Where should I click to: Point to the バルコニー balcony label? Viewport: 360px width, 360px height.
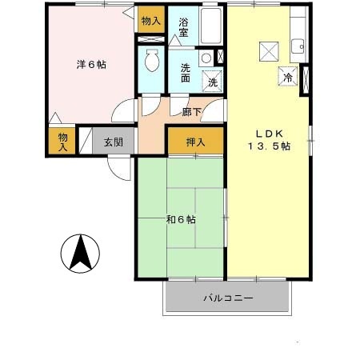click(x=227, y=298)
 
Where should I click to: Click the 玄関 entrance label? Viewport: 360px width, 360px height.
click(x=113, y=142)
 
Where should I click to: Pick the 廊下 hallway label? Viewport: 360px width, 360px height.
click(x=191, y=112)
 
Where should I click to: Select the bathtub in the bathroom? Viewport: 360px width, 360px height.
click(x=212, y=27)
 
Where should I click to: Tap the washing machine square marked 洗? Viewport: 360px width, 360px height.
click(x=213, y=81)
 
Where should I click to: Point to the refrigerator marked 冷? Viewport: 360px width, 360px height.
click(x=286, y=78)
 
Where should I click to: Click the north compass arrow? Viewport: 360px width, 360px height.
click(x=80, y=254)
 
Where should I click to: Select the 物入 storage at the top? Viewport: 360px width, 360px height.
click(x=150, y=19)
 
